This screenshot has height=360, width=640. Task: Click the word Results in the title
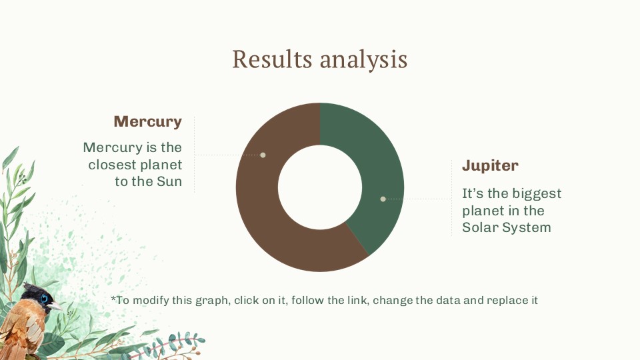(273, 59)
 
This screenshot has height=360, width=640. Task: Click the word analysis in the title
(363, 59)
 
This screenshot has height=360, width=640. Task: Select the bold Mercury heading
(147, 121)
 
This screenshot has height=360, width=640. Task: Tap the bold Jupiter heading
(490, 165)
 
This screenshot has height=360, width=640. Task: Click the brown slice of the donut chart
(267, 220)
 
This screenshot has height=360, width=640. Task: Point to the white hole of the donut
(320, 187)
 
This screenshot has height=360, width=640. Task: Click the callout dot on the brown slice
(263, 155)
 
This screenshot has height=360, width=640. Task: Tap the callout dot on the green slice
(383, 199)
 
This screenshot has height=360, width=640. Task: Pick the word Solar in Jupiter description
(480, 227)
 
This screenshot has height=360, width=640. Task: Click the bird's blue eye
(45, 299)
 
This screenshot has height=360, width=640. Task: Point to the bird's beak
(57, 306)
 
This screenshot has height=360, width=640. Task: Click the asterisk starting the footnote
(113, 299)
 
